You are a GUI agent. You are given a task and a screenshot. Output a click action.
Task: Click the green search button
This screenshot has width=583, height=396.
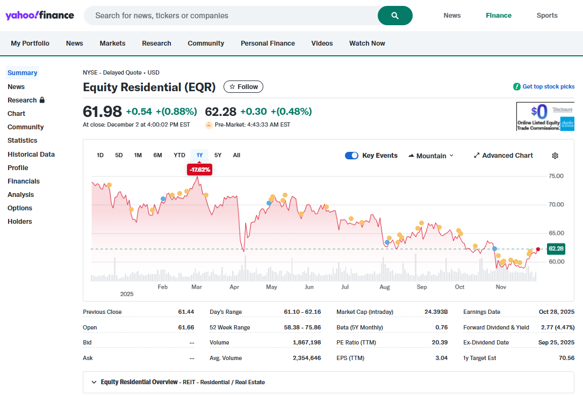coord(395,16)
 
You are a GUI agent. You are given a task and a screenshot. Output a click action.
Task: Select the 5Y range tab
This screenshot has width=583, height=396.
coord(218,155)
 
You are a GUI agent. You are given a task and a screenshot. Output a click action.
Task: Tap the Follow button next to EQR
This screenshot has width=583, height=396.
coord(243,87)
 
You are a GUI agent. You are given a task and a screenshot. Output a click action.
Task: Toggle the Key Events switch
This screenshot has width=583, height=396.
coord(351,156)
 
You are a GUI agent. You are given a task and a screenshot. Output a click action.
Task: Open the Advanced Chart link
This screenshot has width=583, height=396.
coord(503,156)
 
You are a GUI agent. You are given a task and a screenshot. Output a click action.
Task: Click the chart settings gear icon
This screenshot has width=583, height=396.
coord(555,156)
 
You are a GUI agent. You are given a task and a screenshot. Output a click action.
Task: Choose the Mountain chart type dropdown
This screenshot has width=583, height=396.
coord(431,156)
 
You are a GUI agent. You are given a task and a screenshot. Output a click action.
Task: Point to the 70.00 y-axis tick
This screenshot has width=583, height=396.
coord(556,204)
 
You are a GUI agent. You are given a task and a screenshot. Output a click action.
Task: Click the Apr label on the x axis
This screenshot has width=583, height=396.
coord(234,287)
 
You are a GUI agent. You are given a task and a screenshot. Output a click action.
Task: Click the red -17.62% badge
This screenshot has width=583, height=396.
coord(200,170)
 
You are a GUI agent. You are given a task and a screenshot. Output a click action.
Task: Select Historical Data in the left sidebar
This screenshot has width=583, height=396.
coord(31,154)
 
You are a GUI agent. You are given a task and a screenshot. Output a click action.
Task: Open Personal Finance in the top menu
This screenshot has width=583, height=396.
coord(268,43)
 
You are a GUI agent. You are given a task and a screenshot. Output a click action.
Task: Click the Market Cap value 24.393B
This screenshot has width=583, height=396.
coord(436,312)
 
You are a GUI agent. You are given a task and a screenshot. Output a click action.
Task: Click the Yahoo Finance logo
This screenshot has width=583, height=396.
coord(40,16)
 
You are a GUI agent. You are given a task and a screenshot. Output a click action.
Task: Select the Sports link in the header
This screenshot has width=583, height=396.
coord(547,16)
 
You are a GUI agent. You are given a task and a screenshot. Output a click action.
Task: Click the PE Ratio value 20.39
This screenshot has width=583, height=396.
coord(440,342)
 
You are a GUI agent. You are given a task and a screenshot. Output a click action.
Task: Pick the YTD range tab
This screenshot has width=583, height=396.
coord(179,155)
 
